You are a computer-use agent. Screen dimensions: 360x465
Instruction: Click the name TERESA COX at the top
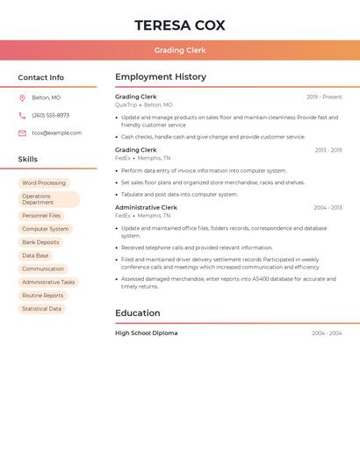pyautogui.click(x=179, y=25)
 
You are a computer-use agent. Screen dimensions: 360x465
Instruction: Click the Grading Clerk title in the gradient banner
pyautogui.click(x=179, y=50)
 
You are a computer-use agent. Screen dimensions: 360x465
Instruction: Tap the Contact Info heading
pyautogui.click(x=41, y=77)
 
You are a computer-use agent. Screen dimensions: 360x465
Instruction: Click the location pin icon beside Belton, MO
pyautogui.click(x=22, y=97)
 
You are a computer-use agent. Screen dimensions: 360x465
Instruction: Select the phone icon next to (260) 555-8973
pyautogui.click(x=22, y=115)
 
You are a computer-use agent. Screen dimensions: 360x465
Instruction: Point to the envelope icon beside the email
pyautogui.click(x=22, y=133)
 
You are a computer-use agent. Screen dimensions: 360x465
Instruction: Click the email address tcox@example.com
pyautogui.click(x=56, y=133)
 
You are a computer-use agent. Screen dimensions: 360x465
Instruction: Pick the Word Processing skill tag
pyautogui.click(x=44, y=182)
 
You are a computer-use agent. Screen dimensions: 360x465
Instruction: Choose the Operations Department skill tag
pyautogui.click(x=48, y=199)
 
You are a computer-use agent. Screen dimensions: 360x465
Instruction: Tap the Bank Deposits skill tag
pyautogui.click(x=40, y=242)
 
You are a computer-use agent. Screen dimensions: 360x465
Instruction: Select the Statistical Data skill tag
pyautogui.click(x=41, y=309)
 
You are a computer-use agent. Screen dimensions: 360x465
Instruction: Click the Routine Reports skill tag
pyautogui.click(x=42, y=296)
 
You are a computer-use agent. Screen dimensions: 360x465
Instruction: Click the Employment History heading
pyautogui.click(x=161, y=77)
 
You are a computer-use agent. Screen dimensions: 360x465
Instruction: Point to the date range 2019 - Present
pyautogui.click(x=324, y=97)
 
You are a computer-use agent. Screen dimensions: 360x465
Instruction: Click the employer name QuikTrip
pyautogui.click(x=126, y=104)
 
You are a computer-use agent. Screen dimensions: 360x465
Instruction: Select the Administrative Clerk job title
pyautogui.click(x=146, y=207)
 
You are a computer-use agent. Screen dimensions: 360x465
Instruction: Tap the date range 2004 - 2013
pyautogui.click(x=328, y=208)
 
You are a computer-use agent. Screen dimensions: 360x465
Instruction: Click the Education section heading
pyautogui.click(x=138, y=313)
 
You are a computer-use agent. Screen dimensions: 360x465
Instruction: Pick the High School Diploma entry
pyautogui.click(x=146, y=333)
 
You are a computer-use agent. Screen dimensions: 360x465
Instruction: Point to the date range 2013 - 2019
pyautogui.click(x=328, y=150)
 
